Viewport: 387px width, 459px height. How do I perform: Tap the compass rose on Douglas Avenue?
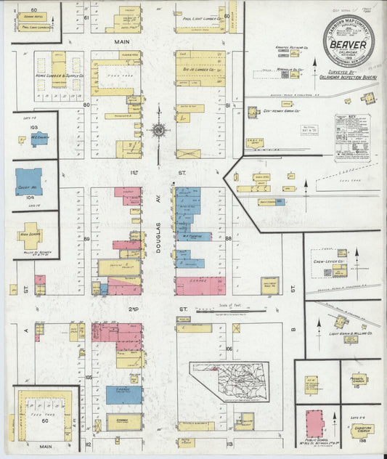pyautogui.click(x=158, y=131)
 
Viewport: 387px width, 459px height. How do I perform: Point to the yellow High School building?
pyautogui.click(x=30, y=237)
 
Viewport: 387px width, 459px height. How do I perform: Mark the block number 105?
pyautogui.click(x=89, y=377)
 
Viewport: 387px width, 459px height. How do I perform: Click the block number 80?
pyautogui.click(x=86, y=105)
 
